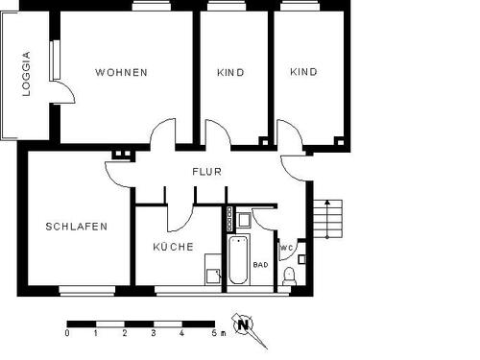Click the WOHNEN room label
pos(121,73)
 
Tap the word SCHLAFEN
pos(76,228)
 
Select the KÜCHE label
pos(173,247)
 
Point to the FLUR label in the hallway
pos(206,173)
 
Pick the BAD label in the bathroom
pos(260,264)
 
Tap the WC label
pos(286,249)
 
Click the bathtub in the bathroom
pos(237,258)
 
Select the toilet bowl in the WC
pos(291,276)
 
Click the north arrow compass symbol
pos(244,324)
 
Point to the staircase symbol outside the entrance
pos(326,220)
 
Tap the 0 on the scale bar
pos(67,334)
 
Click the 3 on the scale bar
pos(154,334)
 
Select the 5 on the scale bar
pos(211,334)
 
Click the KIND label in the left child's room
pos(230,73)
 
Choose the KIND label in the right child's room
pos(303,73)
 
